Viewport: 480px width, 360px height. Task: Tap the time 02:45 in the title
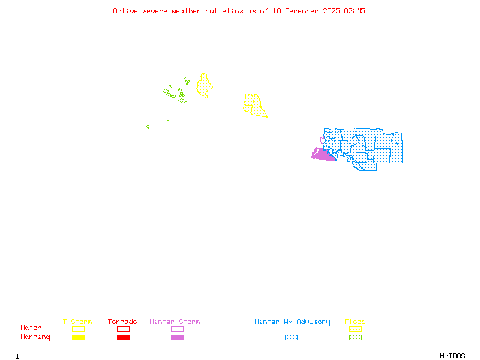pos(354,11)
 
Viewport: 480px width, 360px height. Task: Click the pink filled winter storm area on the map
pos(323,155)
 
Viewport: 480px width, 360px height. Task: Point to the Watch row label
pos(31,328)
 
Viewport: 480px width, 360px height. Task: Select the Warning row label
pos(35,337)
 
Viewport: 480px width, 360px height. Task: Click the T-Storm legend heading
pos(77,322)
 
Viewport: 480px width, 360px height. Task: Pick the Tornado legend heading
pos(122,322)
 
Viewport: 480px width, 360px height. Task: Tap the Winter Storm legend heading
pos(175,322)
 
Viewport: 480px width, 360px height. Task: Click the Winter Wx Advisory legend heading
pos(292,322)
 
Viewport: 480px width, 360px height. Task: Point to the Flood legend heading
pos(355,322)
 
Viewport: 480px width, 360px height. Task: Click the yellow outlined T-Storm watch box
pos(78,329)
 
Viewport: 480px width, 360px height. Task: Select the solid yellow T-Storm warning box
pos(78,337)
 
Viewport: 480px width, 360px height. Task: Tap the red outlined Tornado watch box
pos(123,329)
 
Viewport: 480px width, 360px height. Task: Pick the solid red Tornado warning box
pos(123,337)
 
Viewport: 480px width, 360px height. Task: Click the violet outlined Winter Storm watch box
pos(177,329)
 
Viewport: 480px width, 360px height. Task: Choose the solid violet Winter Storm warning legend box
pos(177,337)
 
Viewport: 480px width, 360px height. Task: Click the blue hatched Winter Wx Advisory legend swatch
pos(291,337)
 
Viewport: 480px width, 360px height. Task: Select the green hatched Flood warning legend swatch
pos(355,337)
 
